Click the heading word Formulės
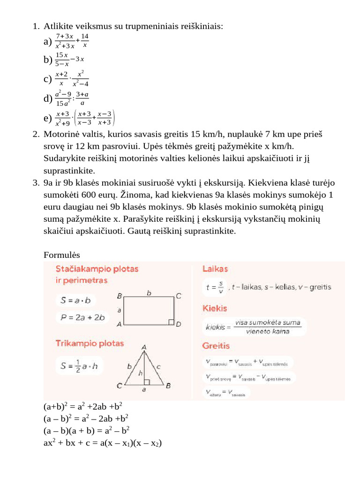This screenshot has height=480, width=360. [x=62, y=255]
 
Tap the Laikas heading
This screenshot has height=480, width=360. [x=215, y=269]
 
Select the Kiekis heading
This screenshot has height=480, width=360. [x=215, y=308]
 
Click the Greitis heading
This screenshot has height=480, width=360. [x=216, y=345]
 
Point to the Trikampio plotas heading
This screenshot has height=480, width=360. [x=90, y=343]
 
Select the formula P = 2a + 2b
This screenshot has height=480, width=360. [x=82, y=317]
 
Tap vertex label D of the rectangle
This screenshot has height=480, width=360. [x=179, y=324]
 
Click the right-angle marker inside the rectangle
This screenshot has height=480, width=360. [x=172, y=323]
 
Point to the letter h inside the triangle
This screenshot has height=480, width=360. [x=140, y=373]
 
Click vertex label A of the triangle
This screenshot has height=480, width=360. [x=144, y=347]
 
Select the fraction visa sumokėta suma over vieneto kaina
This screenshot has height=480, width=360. [x=268, y=327]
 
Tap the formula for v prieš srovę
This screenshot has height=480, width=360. [x=247, y=377]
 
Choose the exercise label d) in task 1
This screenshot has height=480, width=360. [x=47, y=98]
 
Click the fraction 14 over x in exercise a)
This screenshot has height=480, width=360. [x=84, y=41]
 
